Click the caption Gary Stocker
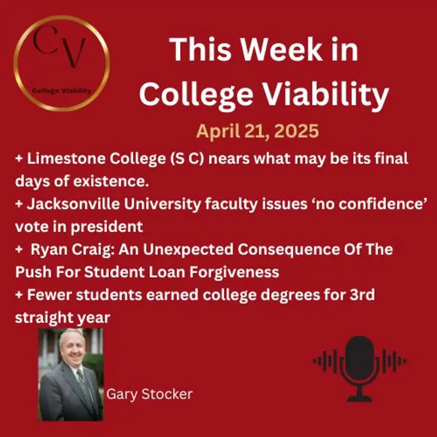(149, 394)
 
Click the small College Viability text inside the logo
(61, 91)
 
